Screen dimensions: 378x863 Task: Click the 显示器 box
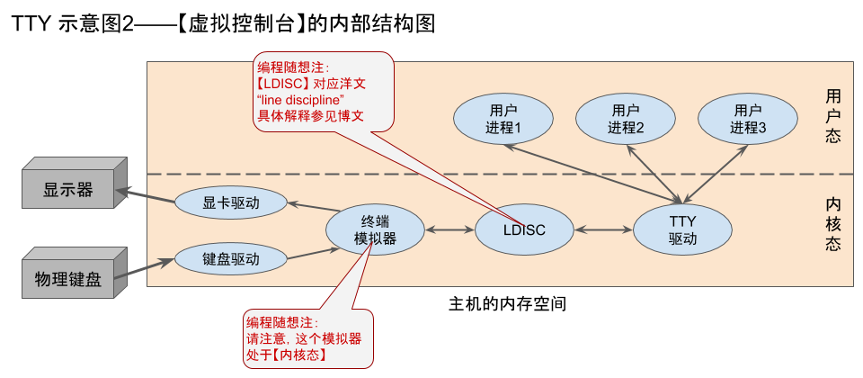coord(67,190)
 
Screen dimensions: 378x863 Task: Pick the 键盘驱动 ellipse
coord(231,259)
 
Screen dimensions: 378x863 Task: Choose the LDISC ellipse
coord(523,230)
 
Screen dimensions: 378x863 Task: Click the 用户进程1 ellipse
coord(501,119)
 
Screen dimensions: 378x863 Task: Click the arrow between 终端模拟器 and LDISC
coord(449,230)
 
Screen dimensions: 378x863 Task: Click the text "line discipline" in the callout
coord(301,98)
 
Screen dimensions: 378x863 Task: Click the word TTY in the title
coord(31,24)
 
